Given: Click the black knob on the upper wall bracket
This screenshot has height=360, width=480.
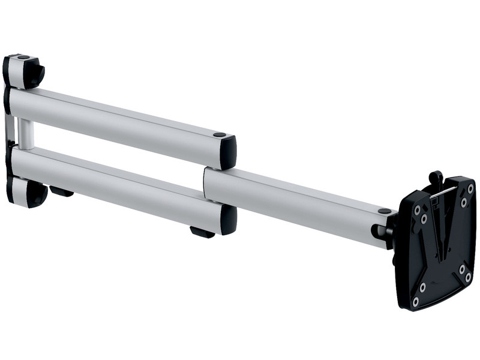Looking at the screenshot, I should coord(34,73).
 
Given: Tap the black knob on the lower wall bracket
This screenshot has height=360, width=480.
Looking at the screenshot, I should coord(37,194).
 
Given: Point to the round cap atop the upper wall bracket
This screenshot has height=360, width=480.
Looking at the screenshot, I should coord(23,57).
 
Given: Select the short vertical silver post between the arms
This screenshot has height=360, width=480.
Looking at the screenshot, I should coord(25,133).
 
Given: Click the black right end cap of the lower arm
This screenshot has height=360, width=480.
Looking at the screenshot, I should coord(228,220).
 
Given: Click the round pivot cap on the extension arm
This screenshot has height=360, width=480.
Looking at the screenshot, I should coord(384,211).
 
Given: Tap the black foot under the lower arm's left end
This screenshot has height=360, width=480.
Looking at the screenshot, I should coord(61,191).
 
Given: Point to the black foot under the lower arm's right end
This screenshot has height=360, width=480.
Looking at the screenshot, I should coord(202,232).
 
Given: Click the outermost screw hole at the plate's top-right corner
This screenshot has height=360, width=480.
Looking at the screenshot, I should coord(470,188).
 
